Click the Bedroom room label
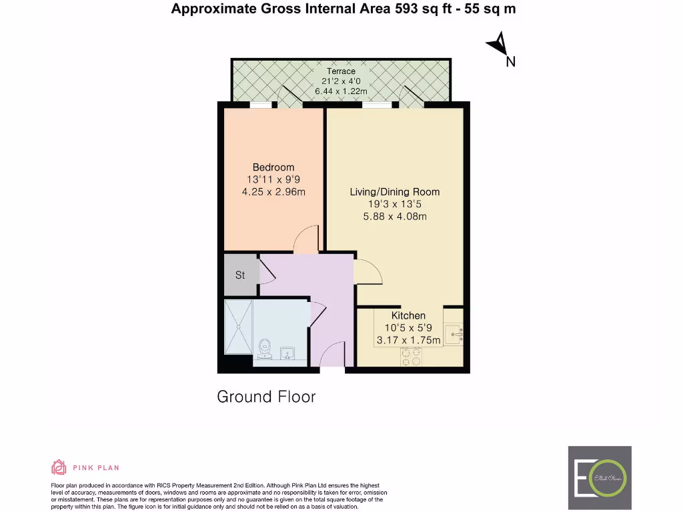point(273,167)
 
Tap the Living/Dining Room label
point(395,192)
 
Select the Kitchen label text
point(408,315)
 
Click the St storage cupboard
point(240,275)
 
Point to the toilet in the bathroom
point(265,347)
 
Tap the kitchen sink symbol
point(454,330)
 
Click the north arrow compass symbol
point(498,47)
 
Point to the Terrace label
point(341,71)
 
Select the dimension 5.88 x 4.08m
point(395,217)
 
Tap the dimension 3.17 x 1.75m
point(408,340)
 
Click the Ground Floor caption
point(266,397)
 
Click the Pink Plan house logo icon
point(59,467)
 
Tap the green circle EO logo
point(609,478)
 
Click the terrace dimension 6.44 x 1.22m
point(341,91)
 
